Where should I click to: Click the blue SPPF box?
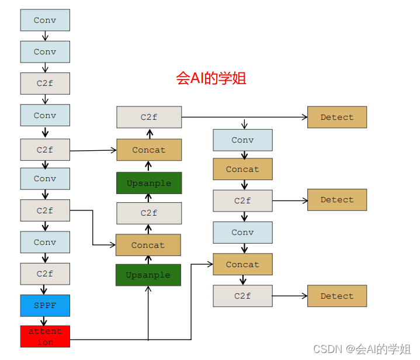pos(45,306)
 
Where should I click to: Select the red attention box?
pos(45,337)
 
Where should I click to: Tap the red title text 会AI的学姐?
pos(211,78)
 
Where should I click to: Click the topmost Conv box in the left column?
pos(45,20)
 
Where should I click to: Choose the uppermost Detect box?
pos(337,117)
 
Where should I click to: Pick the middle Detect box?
pos(337,200)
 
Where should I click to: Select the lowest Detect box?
pos(337,296)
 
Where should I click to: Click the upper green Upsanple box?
pos(149,183)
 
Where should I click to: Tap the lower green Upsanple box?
pos(148,275)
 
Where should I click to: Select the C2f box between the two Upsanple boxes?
pos(149,213)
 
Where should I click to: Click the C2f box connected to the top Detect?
pos(149,117)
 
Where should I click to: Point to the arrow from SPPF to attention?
pos(45,321)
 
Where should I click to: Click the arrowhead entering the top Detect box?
pos(304,117)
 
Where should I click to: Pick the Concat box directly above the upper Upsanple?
pos(149,150)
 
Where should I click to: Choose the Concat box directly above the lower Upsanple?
pos(148,245)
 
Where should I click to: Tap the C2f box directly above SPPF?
pos(45,274)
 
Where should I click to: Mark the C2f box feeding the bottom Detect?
pos(242,296)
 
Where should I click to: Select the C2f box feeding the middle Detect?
pos(242,200)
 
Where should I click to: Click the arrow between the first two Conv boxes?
pos(45,36)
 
